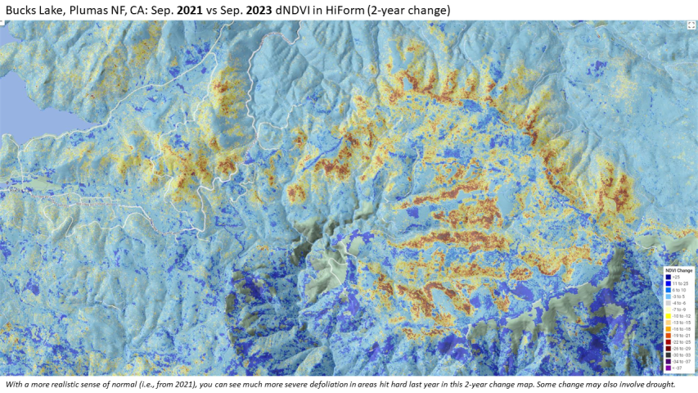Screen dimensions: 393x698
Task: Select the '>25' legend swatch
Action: [669, 276]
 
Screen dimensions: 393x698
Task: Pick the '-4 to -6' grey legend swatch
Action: [669, 302]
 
